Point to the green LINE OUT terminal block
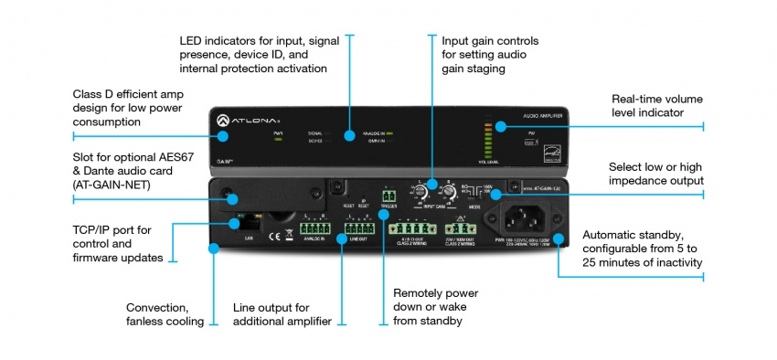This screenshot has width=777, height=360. (357, 228)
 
